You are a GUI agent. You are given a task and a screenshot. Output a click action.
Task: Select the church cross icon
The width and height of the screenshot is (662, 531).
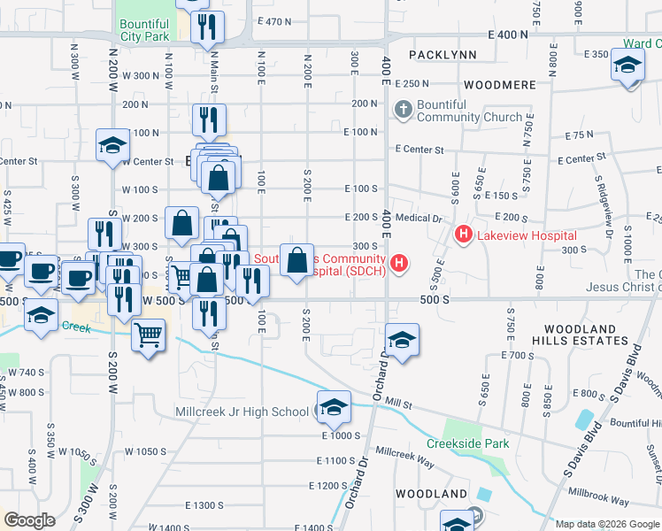(x=403, y=110)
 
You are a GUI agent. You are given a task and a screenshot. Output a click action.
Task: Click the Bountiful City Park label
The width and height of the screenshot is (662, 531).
(x=142, y=32)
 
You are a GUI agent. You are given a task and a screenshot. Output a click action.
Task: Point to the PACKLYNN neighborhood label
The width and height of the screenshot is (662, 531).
(x=443, y=55)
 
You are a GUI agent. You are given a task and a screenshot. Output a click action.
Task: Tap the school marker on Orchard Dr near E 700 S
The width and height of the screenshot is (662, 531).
(x=402, y=341)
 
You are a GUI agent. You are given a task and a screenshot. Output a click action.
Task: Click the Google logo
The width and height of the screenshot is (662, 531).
(x=30, y=520)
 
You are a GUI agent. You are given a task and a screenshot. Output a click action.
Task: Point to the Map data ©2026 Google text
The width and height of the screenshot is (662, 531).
(x=608, y=524)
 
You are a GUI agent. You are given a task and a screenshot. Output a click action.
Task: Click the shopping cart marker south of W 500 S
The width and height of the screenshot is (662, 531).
(x=148, y=335)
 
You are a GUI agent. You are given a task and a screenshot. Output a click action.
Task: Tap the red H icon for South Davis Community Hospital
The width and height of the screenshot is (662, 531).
(x=400, y=263)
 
